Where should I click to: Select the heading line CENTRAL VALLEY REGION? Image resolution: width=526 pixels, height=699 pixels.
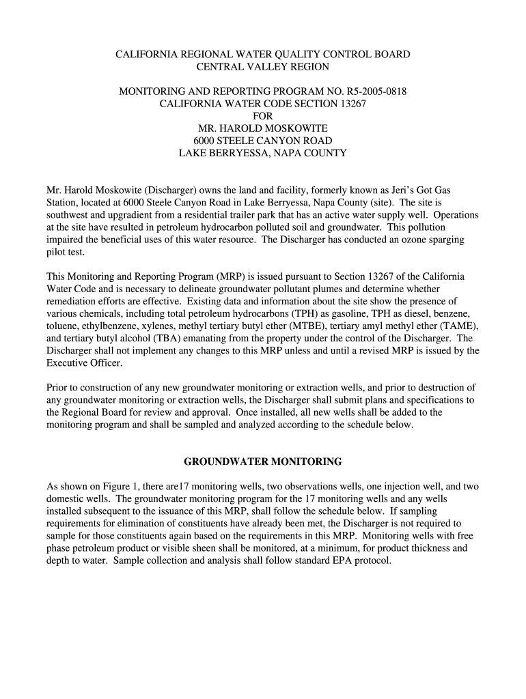263,66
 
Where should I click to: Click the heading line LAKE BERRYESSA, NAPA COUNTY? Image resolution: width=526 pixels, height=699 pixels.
263,153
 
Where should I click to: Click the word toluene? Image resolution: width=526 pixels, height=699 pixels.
61,326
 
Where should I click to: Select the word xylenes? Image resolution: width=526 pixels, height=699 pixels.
149,326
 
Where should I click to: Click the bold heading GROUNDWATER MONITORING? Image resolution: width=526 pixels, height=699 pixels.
263,462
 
